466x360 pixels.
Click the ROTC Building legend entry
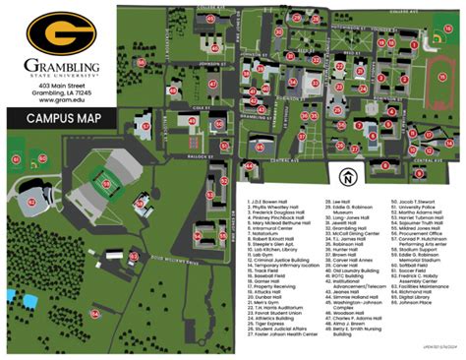pos(347,271)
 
